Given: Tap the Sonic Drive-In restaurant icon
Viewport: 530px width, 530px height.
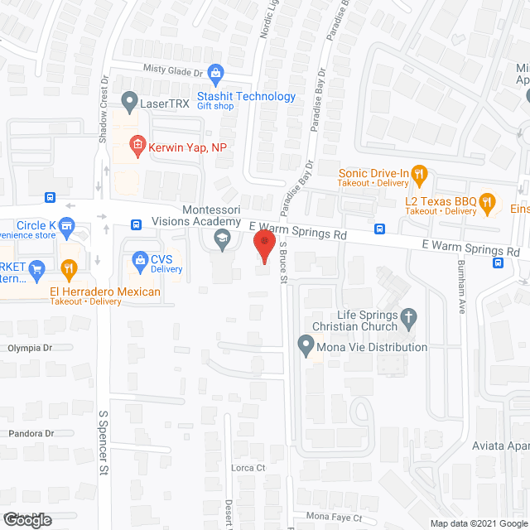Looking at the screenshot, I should coord(421,174).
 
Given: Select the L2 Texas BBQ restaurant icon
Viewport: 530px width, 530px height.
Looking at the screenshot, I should coord(488,200).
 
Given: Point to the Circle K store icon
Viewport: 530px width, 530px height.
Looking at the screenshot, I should coord(68,224).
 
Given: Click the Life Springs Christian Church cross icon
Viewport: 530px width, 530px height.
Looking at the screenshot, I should coord(407,316).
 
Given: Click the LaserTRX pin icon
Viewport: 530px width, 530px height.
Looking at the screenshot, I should coord(129,103).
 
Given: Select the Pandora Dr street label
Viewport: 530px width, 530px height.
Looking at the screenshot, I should coord(31,434).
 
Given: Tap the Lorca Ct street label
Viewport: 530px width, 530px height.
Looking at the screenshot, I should coord(248,468).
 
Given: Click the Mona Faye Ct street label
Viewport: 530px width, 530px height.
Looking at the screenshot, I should coord(335,518).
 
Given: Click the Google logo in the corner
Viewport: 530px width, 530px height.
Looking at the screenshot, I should coord(26,519).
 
